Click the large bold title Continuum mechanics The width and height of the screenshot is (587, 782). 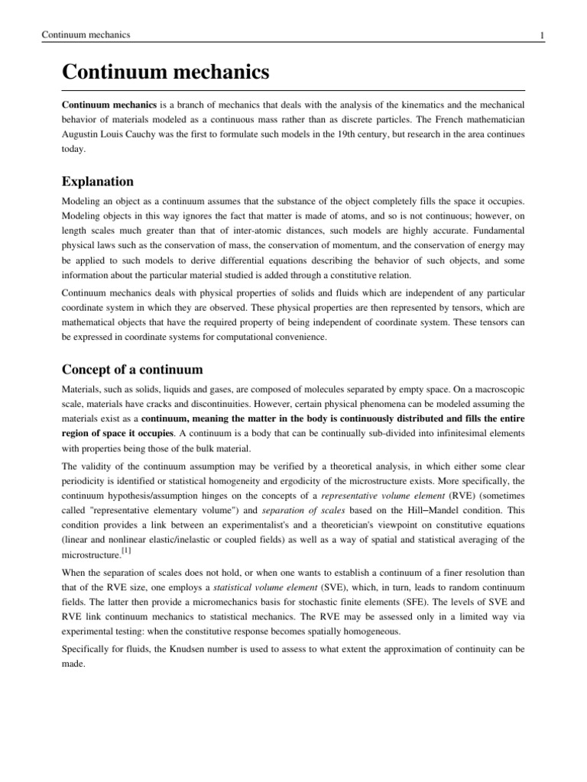pyautogui.click(x=166, y=73)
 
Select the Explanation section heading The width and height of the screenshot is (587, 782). pyautogui.click(x=97, y=182)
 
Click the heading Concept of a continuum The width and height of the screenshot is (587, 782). pyautogui.click(x=132, y=370)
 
